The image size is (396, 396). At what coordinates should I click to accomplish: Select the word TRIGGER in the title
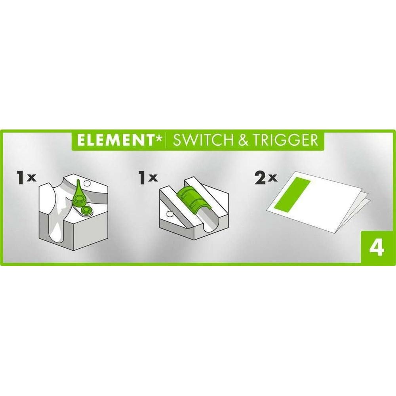coord(286,140)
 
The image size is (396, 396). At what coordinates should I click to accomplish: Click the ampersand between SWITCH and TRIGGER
coord(242,140)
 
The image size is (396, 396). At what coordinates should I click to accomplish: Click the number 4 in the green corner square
coord(377,249)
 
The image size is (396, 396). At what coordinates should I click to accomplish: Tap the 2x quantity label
coord(266,178)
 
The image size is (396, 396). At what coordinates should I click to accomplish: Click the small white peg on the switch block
coord(88,183)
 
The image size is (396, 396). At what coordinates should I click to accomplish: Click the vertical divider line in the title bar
coord(166,140)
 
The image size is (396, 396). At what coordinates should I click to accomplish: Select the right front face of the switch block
coord(91,228)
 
